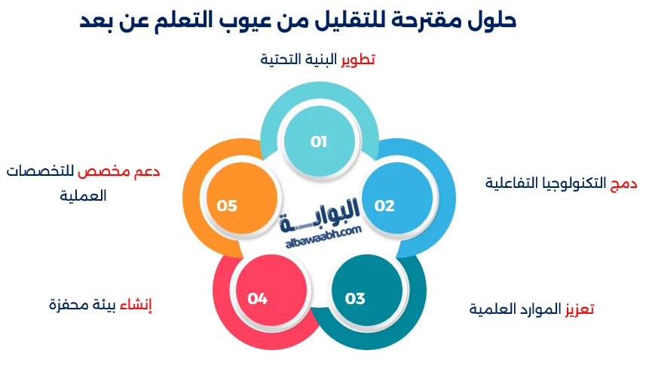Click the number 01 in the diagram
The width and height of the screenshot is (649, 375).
pyautogui.click(x=318, y=142)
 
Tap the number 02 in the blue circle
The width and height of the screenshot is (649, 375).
pyautogui.click(x=384, y=205)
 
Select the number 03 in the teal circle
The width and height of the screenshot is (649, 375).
pyautogui.click(x=355, y=298)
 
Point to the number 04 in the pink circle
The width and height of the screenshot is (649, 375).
pyautogui.click(x=258, y=298)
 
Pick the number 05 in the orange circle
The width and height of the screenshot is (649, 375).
pyautogui.click(x=227, y=205)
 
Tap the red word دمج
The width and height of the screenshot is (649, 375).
pyautogui.click(x=625, y=183)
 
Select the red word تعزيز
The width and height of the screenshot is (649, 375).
pyautogui.click(x=580, y=309)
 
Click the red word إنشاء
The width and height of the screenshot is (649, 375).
pyautogui.click(x=142, y=305)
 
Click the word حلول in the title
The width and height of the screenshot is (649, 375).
pyautogui.click(x=493, y=20)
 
